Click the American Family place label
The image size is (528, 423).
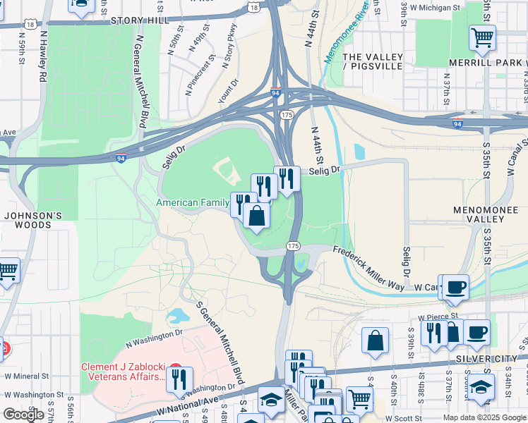pos(192,202)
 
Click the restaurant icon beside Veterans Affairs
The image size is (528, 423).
pos(179,379)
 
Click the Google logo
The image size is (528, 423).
pos(24,415)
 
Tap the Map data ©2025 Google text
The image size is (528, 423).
pos(484,417)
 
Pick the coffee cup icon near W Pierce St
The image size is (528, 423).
pos(477,331)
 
